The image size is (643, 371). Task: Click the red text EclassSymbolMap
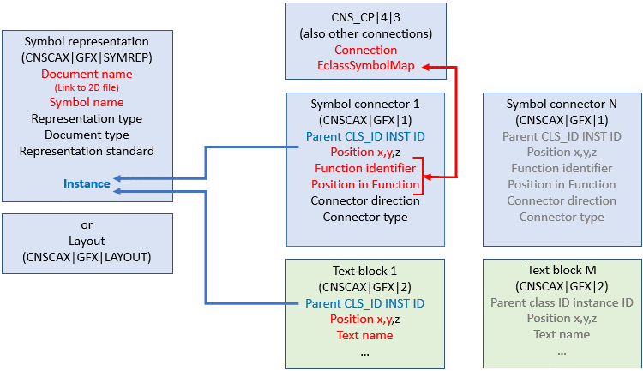click(366, 66)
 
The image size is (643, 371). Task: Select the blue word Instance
click(87, 183)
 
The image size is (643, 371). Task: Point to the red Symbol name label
click(87, 103)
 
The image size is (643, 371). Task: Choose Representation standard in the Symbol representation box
click(87, 151)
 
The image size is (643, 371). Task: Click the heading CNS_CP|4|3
click(366, 17)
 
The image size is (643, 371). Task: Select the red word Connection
click(366, 50)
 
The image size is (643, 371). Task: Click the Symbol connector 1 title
click(366, 104)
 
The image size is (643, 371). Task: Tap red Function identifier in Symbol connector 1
click(366, 168)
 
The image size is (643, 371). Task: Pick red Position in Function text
click(366, 184)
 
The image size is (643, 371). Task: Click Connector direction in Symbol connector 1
click(366, 200)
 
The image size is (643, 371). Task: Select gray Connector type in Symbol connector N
click(562, 217)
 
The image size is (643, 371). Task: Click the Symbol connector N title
click(562, 104)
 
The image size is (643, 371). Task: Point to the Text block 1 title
click(366, 270)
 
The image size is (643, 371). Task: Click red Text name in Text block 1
click(365, 335)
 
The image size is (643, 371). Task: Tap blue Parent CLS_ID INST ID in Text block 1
click(365, 302)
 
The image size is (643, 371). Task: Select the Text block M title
click(562, 270)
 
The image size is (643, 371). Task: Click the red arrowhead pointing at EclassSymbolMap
click(426, 66)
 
